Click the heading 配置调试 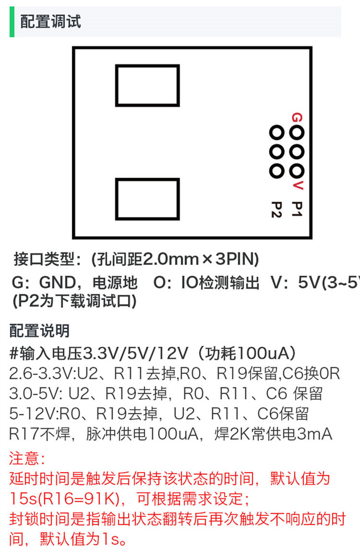[51, 22]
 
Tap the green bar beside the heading [12, 22]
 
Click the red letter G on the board [297, 117]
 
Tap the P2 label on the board [277, 209]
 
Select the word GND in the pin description [58, 282]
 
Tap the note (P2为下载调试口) [74, 301]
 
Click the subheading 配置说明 [39, 331]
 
